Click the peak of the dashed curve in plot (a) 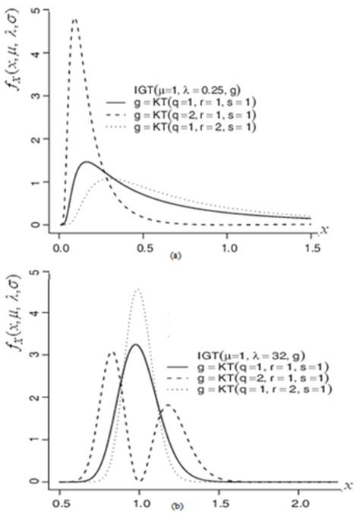[x=74, y=20]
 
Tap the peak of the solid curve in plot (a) [x=87, y=162]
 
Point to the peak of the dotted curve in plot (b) [x=138, y=289]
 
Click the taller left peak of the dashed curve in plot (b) [x=112, y=352]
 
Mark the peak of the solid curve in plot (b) [x=136, y=344]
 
